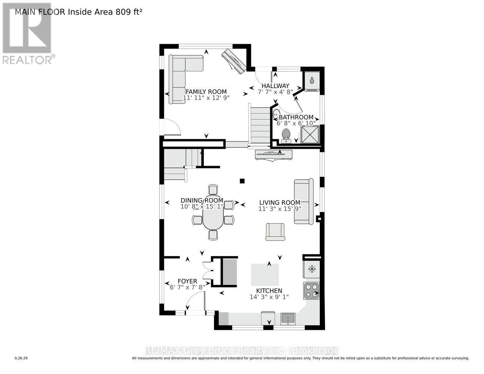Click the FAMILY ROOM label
[x=206, y=92]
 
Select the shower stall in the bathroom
[x=310, y=135]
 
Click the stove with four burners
[x=311, y=291]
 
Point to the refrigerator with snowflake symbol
[x=311, y=269]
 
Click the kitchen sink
[x=288, y=319]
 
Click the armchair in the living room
[x=275, y=232]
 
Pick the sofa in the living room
[x=303, y=202]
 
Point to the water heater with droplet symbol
[x=312, y=80]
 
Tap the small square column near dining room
[x=242, y=181]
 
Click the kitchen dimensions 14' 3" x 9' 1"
[x=269, y=297]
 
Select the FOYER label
[x=187, y=281]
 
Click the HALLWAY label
[x=275, y=86]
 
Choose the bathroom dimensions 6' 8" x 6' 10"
[x=296, y=123]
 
